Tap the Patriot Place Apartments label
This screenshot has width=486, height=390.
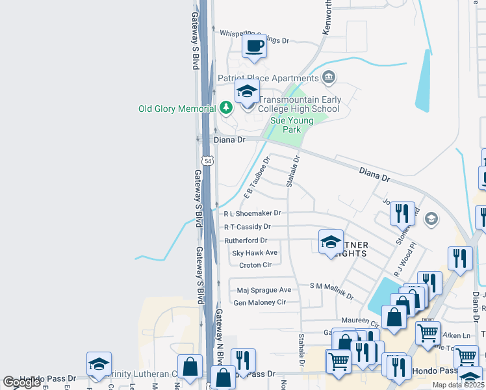268,78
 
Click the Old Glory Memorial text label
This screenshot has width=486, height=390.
176,109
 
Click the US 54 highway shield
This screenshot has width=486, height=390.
207,160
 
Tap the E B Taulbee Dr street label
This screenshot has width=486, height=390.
257,177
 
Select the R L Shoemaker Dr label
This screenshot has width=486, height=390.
252,213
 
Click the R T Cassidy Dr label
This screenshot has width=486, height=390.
247,227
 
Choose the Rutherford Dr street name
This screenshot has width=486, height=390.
246,240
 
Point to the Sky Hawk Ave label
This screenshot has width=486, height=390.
255,253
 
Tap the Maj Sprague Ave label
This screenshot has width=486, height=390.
264,289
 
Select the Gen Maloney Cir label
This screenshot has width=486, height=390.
259,302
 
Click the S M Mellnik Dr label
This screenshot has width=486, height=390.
331,291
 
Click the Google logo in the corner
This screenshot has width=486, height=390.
21,382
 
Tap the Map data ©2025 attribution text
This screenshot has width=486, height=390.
457,385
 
